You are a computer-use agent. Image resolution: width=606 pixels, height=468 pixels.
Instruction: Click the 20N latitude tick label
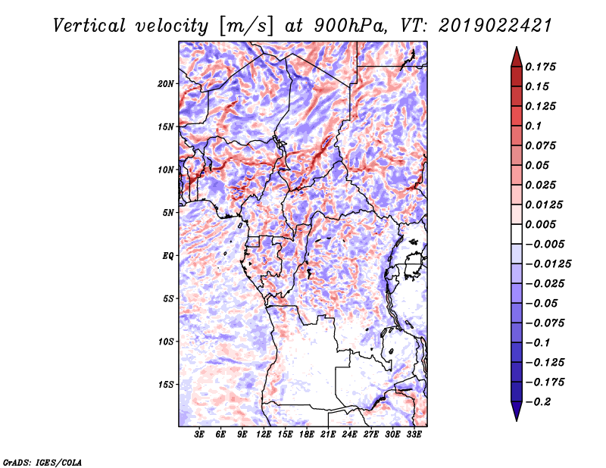[x=166, y=83]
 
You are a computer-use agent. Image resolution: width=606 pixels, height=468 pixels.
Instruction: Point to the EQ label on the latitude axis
[x=168, y=256]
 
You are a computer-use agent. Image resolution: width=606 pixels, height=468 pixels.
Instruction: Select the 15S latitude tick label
[x=166, y=385]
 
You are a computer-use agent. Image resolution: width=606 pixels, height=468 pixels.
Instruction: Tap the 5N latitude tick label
[x=168, y=213]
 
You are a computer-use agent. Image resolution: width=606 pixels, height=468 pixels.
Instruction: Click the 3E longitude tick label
[x=200, y=435]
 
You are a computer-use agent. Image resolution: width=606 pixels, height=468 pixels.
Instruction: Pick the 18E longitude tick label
[x=307, y=435]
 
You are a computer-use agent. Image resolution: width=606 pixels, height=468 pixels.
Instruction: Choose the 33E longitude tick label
[x=414, y=435]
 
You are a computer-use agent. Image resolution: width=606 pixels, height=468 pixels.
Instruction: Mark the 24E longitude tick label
[x=350, y=435]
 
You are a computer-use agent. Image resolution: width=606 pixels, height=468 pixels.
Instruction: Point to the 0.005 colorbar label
[x=542, y=224]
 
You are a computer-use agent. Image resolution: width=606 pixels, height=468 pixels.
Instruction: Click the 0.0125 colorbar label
[x=545, y=204]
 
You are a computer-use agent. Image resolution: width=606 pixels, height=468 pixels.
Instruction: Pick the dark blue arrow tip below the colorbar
[x=515, y=414]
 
